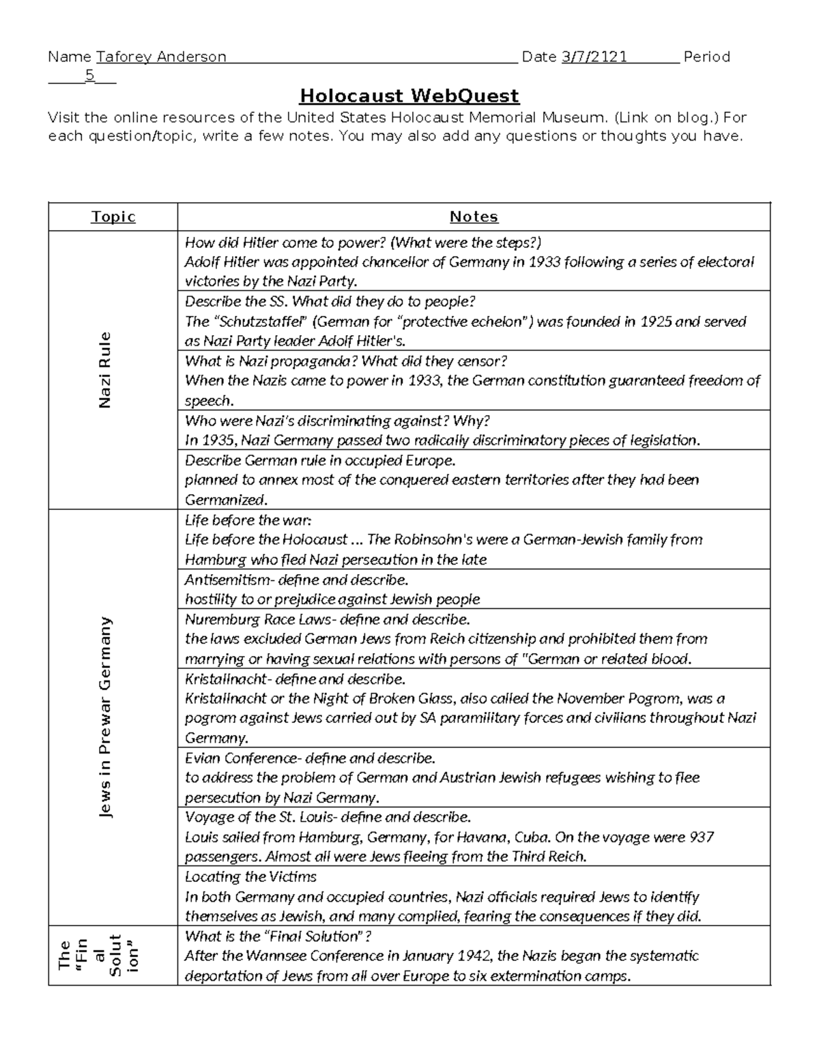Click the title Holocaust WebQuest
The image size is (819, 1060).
409,96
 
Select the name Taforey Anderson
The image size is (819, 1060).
161,57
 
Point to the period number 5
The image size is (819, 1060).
89,76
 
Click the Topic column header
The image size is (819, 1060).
113,217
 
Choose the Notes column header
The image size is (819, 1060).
474,217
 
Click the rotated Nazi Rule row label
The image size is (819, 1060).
104,370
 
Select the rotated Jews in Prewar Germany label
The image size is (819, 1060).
104,717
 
